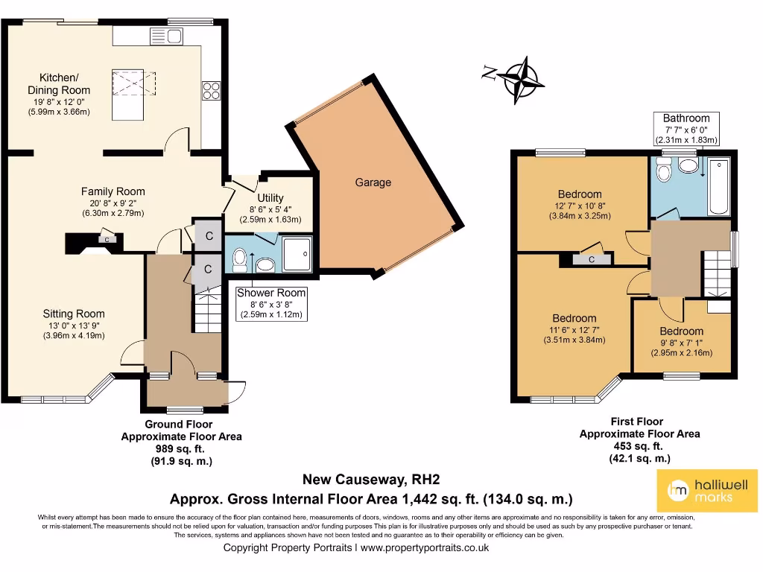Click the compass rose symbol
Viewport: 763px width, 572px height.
pyautogui.click(x=521, y=77)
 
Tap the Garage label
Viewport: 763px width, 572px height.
pyautogui.click(x=373, y=182)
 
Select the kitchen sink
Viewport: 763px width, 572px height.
pyautogui.click(x=167, y=36)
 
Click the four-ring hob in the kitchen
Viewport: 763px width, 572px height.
pyautogui.click(x=211, y=89)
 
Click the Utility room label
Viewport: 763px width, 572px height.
pyautogui.click(x=270, y=198)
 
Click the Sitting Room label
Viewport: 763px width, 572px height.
pyautogui.click(x=73, y=314)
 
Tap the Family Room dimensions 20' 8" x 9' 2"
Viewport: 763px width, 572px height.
pyautogui.click(x=113, y=203)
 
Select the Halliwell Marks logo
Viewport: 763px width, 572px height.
pyautogui.click(x=711, y=490)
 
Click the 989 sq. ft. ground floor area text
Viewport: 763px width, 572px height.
pyautogui.click(x=181, y=449)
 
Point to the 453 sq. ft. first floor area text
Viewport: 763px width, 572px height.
pyautogui.click(x=639, y=446)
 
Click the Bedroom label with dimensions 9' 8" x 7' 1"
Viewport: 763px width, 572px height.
pyautogui.click(x=680, y=331)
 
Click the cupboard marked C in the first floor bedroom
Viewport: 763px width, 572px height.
pyautogui.click(x=591, y=259)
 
